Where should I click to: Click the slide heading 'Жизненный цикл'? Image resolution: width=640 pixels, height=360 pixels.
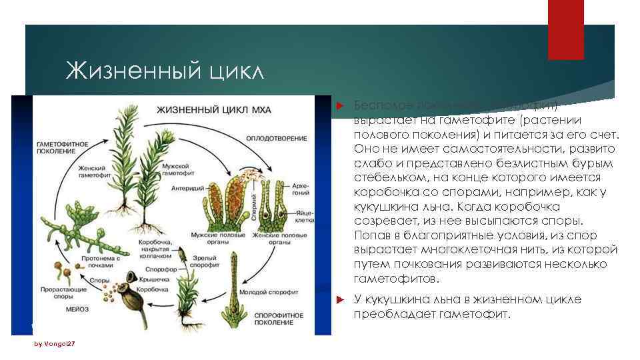tap(165, 70)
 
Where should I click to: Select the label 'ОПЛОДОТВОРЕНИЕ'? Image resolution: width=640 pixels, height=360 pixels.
tap(277, 139)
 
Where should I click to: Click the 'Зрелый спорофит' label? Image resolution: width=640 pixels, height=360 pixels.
tap(204, 259)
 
